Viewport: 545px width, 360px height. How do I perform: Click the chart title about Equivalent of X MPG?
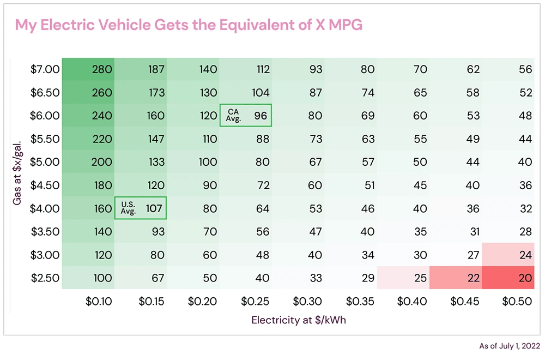tap(189, 25)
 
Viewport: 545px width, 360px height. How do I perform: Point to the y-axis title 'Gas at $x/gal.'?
tap(17, 173)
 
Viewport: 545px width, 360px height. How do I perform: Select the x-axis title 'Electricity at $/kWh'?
tap(299, 320)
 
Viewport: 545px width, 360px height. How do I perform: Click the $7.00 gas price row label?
tap(45, 69)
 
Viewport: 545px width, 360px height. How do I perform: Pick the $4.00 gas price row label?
tap(45, 208)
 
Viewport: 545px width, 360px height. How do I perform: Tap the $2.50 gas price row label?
tap(45, 278)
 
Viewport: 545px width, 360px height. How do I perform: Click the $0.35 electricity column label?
tap(360, 301)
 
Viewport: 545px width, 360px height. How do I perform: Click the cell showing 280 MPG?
tap(88, 69)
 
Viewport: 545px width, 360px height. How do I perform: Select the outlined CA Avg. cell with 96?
tap(245, 116)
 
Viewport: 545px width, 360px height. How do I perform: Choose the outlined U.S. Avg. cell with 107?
tap(140, 208)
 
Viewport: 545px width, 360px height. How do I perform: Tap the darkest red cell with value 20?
tap(508, 278)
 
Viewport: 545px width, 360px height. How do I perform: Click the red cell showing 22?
tap(456, 278)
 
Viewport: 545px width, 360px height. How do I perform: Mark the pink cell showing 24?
tap(508, 255)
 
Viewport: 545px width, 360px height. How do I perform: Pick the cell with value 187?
tap(141, 69)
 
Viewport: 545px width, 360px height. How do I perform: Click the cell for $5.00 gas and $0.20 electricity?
tap(193, 162)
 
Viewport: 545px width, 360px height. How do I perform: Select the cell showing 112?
tap(246, 69)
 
